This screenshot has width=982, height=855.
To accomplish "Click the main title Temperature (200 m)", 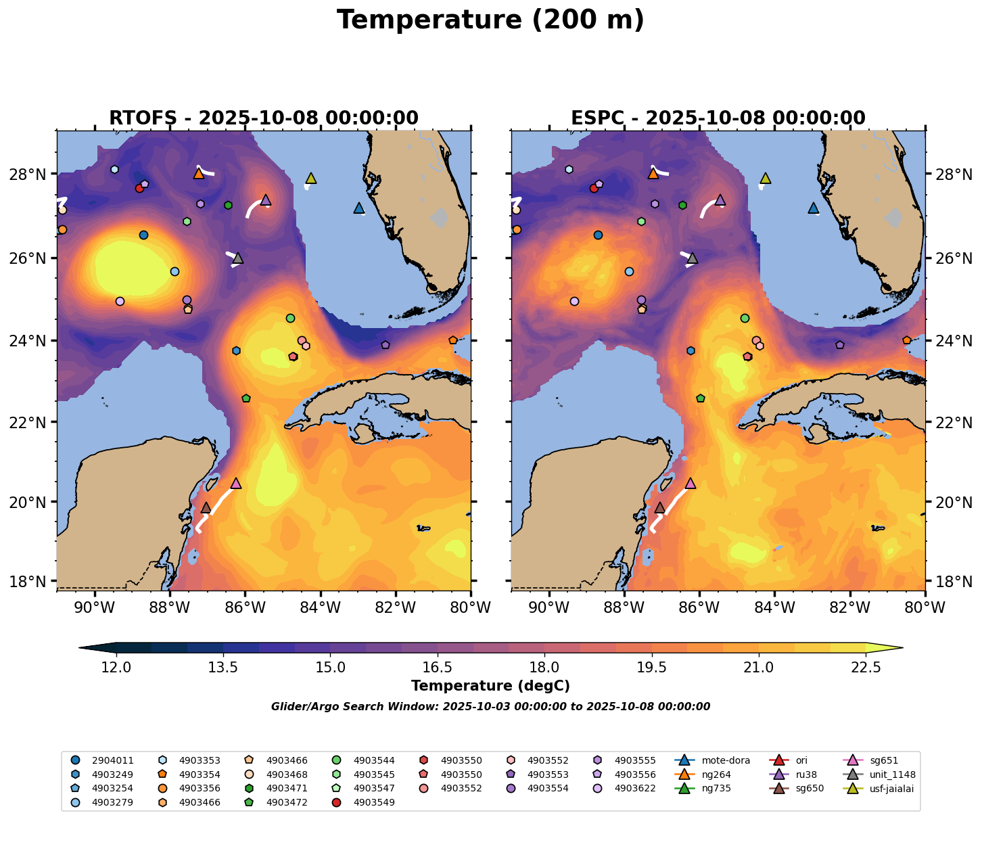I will pyautogui.click(x=490, y=20).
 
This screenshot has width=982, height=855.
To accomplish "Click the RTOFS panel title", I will pyautogui.click(x=263, y=118).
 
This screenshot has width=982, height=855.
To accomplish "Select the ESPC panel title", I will pyautogui.click(x=718, y=118).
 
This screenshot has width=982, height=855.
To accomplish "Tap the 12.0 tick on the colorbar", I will pyautogui.click(x=116, y=668).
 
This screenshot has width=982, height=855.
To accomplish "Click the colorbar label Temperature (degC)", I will pyautogui.click(x=490, y=686).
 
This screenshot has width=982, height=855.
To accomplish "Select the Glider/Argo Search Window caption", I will pyautogui.click(x=490, y=707).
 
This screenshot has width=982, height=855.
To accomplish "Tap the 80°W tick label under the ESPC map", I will pyautogui.click(x=925, y=607).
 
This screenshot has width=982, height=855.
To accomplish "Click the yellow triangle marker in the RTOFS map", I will pyautogui.click(x=311, y=179).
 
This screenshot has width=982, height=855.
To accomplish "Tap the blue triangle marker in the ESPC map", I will pyautogui.click(x=813, y=208).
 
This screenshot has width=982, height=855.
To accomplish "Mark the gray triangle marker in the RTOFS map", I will pyautogui.click(x=237, y=258).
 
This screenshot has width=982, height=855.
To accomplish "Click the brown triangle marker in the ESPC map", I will pyautogui.click(x=660, y=508).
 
